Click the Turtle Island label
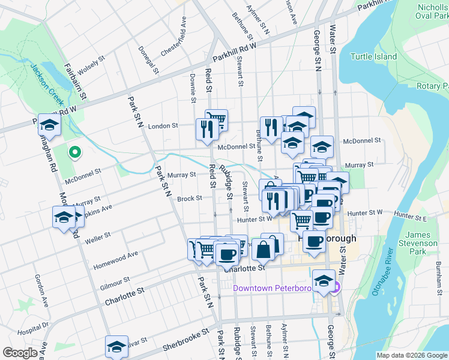(x=373, y=56)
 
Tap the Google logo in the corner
(x=20, y=353)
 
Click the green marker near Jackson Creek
(x=75, y=153)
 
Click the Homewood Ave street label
(x=116, y=259)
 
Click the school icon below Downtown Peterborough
(x=324, y=280)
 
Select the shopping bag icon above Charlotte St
(x=264, y=248)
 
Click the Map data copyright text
(x=412, y=355)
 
